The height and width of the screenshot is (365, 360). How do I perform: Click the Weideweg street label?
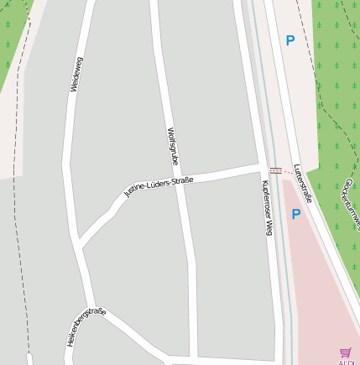pos(77,74)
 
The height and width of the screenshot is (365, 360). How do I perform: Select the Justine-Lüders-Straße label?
pos(159,185)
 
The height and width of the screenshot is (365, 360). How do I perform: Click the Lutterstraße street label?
pos(304,184)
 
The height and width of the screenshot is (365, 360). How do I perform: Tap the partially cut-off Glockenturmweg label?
pos(351,192)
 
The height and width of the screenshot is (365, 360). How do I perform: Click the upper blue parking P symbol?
pos(290,39)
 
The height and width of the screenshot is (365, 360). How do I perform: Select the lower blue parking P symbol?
pos(295,214)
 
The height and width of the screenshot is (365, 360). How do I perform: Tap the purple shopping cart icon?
pos(346,352)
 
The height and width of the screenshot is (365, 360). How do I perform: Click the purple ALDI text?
pos(347,362)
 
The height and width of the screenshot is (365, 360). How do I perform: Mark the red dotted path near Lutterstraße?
pos(275,170)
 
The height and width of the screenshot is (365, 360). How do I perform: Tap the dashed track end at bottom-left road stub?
pos(31,357)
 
